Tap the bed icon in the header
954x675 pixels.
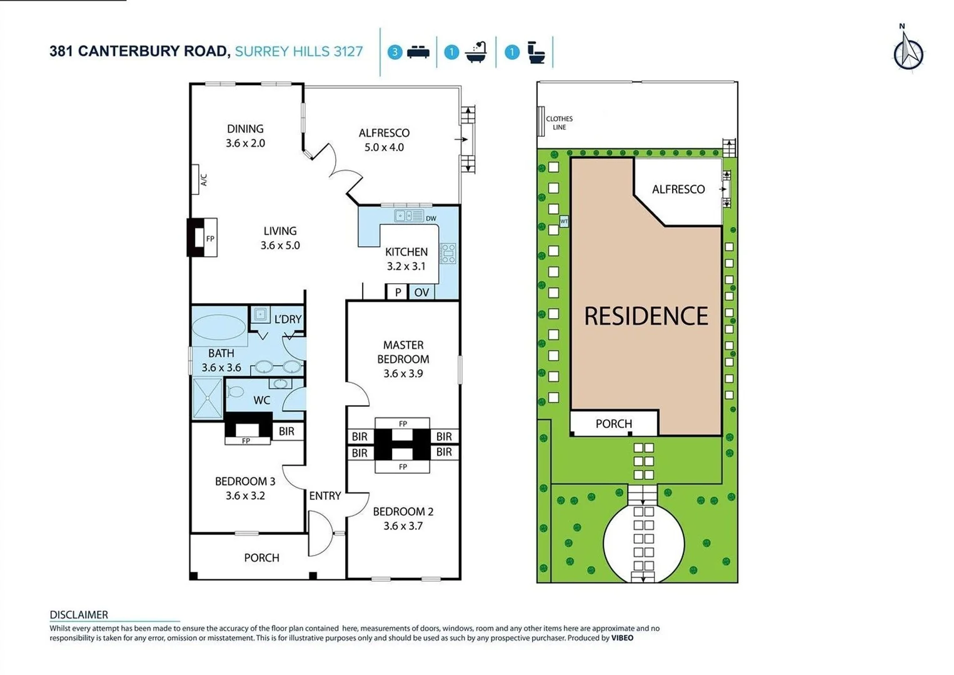(418, 52)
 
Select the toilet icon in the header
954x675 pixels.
(536, 52)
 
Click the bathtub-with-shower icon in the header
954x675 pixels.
(476, 52)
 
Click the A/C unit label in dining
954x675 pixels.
(203, 179)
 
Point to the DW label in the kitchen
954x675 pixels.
(431, 218)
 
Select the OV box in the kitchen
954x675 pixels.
(421, 292)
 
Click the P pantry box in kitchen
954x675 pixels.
(398, 292)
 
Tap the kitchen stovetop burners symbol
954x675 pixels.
(448, 253)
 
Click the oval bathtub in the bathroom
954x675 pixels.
(219, 327)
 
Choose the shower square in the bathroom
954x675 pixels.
(206, 398)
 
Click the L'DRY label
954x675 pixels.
(288, 319)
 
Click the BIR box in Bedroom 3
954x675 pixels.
(286, 431)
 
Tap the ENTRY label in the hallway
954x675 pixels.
(325, 496)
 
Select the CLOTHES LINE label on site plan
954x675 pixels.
(559, 122)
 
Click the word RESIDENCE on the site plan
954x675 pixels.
(646, 316)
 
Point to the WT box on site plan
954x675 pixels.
(564, 221)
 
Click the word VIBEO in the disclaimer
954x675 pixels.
(622, 638)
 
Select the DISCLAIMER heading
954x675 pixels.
(79, 614)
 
